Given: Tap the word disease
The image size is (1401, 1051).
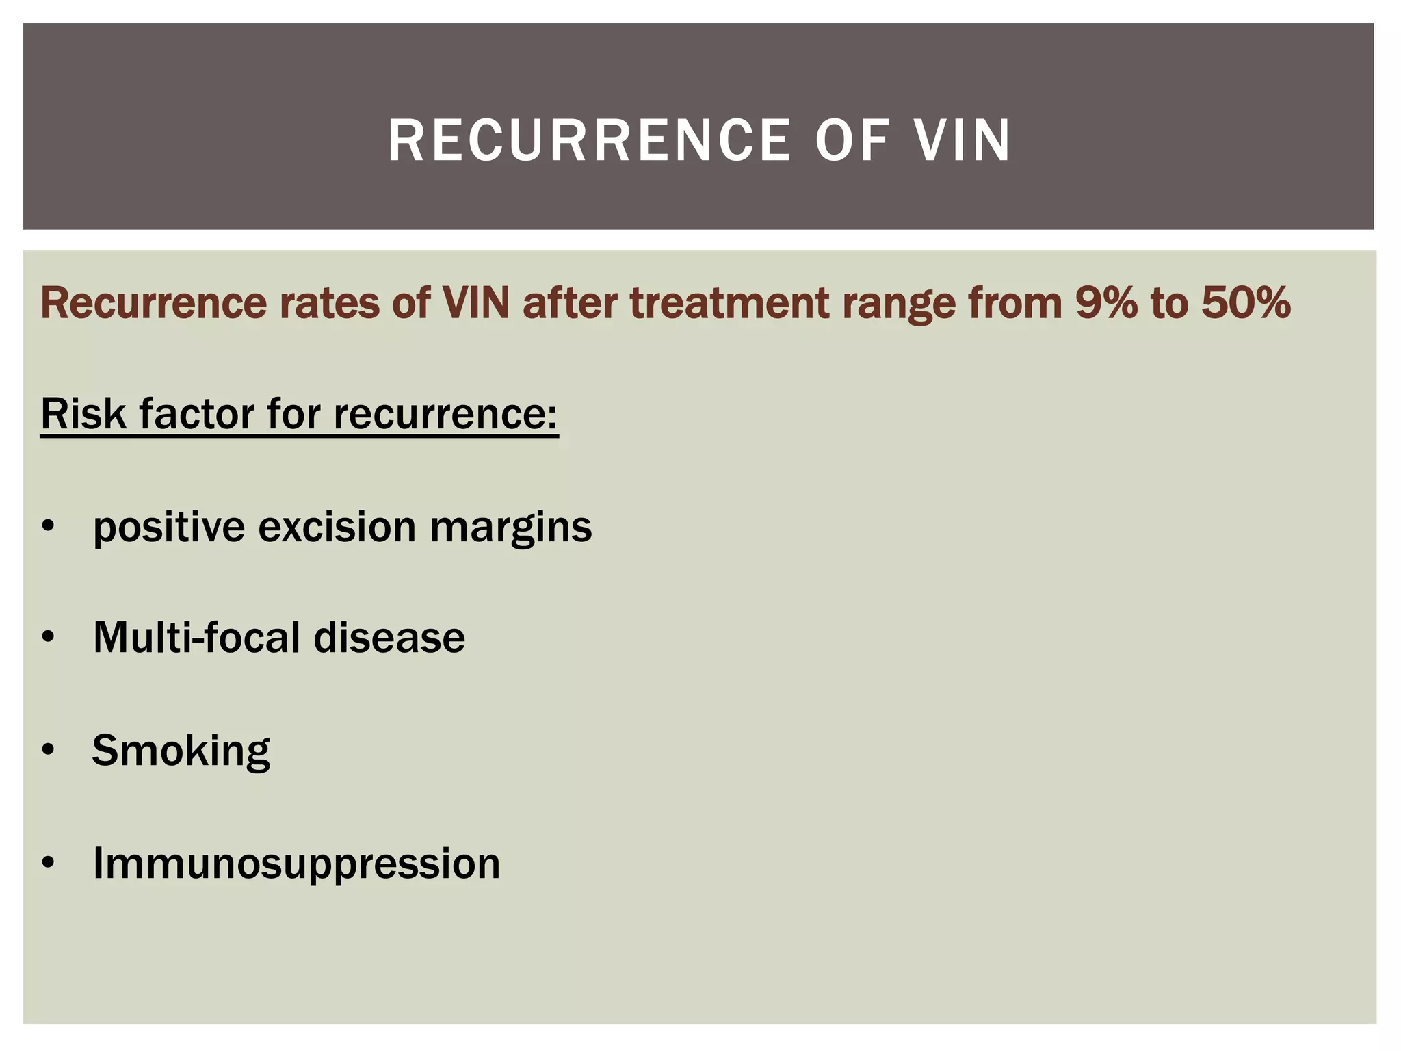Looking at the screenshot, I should pyautogui.click(x=389, y=638).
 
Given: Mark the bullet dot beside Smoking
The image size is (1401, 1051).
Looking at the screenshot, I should pyautogui.click(x=47, y=750).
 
